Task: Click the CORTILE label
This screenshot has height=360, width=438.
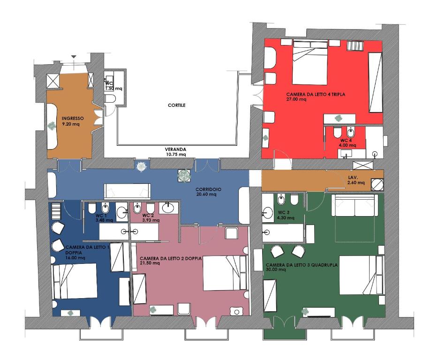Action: point(176,105)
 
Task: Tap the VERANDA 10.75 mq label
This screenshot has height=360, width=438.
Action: point(175,152)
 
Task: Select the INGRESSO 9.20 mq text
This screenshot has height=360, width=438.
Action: point(73,121)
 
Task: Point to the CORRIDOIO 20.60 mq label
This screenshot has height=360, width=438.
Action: point(208,192)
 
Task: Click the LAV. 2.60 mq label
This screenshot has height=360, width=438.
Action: point(356,180)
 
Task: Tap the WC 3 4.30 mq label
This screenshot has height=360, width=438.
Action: point(286,215)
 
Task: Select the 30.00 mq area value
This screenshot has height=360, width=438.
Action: point(276,270)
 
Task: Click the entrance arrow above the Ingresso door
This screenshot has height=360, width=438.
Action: point(74,57)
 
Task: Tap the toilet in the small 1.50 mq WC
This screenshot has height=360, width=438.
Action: point(110,98)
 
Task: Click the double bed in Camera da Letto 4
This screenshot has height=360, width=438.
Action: point(310,63)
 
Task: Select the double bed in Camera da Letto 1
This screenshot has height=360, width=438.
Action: point(75,282)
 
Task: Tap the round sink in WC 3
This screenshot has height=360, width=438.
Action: point(268,213)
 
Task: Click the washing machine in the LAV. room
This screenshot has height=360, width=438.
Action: point(377,184)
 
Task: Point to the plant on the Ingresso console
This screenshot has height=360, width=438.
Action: point(52,126)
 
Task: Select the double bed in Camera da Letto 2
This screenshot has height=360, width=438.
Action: point(226,273)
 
